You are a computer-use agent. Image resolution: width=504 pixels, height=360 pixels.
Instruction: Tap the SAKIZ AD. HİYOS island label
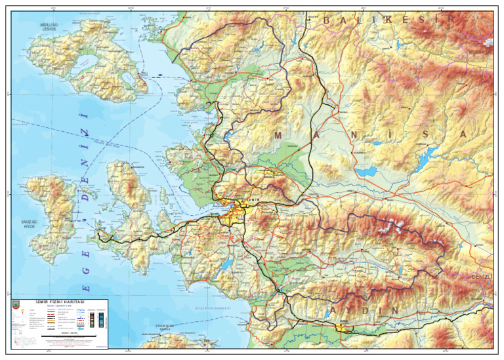click(30, 224)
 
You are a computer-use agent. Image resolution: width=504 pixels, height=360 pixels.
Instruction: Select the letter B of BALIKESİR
click(327, 21)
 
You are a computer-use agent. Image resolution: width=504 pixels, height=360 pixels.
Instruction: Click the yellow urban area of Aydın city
click(342, 325)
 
